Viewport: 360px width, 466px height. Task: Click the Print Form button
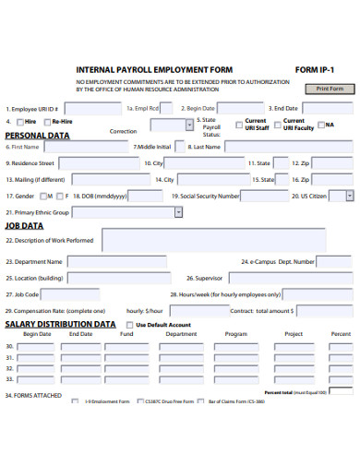pos(330,89)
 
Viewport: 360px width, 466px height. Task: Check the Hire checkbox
pos(19,122)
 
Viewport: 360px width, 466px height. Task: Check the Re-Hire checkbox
pos(47,122)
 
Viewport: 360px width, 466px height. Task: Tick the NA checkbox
pos(321,125)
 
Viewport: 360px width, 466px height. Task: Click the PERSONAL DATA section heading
pos(37,135)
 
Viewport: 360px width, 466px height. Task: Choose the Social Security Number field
pos(264,196)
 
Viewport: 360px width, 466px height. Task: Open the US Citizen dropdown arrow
pos(349,196)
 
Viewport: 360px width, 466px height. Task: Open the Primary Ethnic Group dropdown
pos(178,212)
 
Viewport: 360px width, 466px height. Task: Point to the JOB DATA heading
pos(24,225)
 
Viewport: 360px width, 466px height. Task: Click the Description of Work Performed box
pos(226,240)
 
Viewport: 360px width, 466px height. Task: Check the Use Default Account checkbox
pos(128,325)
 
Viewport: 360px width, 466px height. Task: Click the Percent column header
pos(341,334)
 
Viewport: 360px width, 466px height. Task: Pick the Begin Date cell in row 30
pos(37,347)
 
